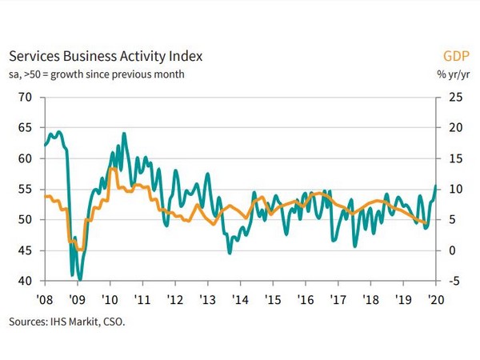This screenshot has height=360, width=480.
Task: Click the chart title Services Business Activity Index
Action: [105, 57]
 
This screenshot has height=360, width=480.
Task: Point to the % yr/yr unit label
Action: [453, 75]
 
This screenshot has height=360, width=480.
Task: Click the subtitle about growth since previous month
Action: [97, 75]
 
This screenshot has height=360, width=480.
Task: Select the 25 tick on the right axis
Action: [454, 97]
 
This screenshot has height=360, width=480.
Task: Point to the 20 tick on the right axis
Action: [454, 127]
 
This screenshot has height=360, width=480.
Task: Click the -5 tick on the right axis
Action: [453, 281]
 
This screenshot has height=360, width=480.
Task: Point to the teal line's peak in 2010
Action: [124, 134]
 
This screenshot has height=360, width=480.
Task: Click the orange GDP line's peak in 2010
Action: [114, 169]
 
